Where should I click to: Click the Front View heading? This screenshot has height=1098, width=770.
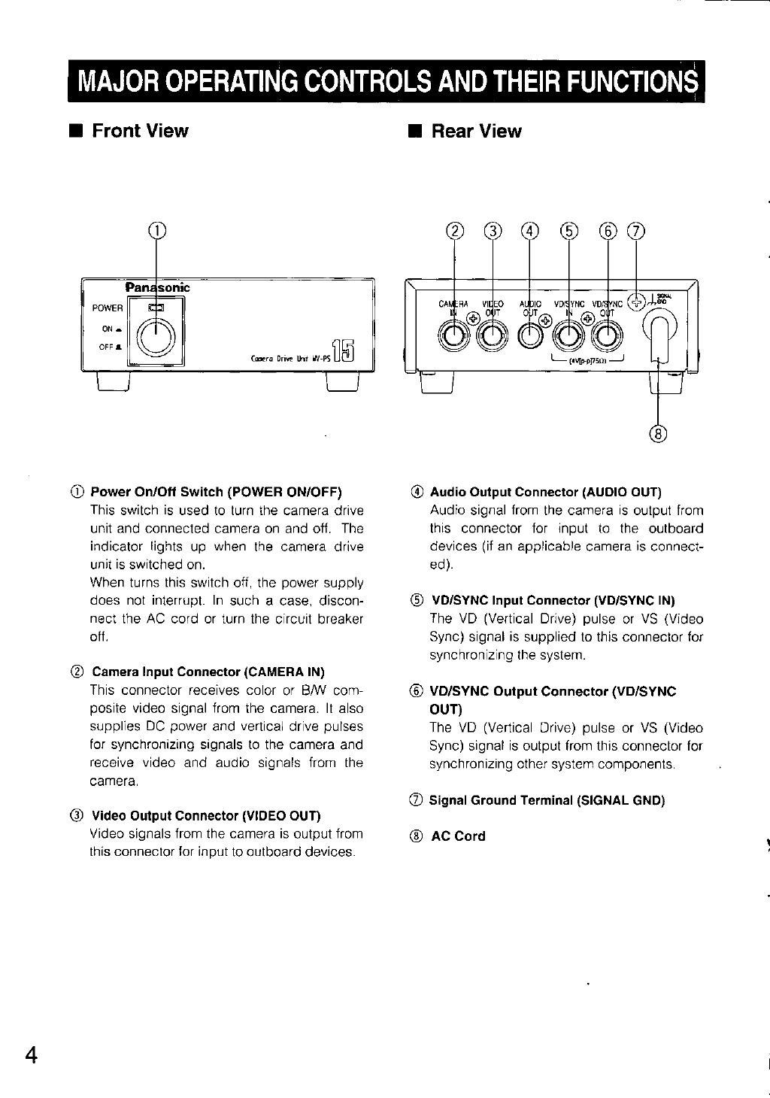click(139, 131)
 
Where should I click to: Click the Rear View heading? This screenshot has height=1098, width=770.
click(474, 132)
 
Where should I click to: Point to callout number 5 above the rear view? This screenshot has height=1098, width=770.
click(568, 230)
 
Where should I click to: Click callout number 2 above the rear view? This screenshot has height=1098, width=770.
click(454, 230)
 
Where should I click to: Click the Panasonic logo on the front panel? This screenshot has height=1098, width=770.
click(157, 287)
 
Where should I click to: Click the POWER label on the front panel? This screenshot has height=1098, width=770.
click(108, 308)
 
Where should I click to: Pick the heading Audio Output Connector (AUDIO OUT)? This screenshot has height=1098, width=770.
click(545, 492)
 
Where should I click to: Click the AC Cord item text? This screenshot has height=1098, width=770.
click(458, 836)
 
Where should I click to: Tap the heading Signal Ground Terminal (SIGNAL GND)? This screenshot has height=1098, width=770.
click(547, 799)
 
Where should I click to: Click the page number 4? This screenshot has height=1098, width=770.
click(31, 1054)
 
